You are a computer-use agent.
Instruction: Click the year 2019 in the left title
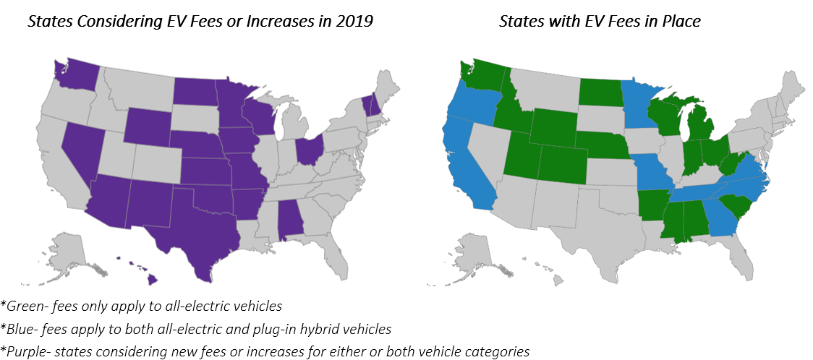[354, 21]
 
